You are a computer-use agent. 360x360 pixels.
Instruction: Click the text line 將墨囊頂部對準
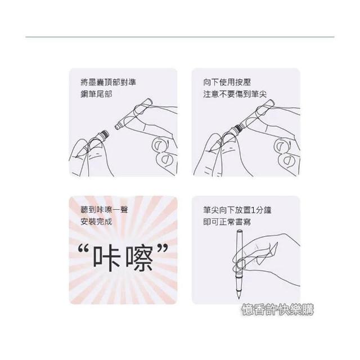coord(109,82)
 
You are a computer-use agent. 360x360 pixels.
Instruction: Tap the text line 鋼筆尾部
coord(96,94)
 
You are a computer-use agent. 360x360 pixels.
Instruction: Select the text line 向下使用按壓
coord(227,82)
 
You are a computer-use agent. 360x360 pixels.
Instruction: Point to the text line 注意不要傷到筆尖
coord(235,94)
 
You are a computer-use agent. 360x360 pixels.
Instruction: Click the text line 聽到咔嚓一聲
coord(104,210)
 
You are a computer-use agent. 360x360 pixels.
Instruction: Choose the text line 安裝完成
coord(96,222)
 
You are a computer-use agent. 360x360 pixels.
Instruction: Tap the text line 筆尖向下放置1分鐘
coord(237,210)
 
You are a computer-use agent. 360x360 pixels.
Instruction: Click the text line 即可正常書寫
coord(227,222)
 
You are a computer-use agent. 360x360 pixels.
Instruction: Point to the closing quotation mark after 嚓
coord(163,249)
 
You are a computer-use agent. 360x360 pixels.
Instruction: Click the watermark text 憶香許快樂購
coord(277,310)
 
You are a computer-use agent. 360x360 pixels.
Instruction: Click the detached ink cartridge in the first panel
coord(133,114)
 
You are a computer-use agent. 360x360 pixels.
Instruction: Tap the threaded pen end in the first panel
coord(105,134)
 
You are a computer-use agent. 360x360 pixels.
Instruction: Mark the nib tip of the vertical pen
coord(238,297)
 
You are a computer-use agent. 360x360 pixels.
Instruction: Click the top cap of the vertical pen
coord(240,231)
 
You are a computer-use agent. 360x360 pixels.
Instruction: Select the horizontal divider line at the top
coord(180,37)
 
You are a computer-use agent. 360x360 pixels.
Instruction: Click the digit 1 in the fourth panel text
coord(253,210)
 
